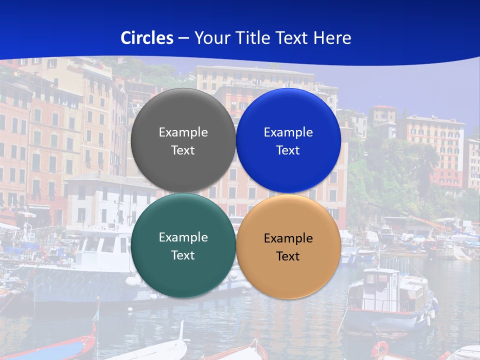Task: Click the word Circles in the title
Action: [x=146, y=38]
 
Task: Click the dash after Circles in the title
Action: [x=183, y=38]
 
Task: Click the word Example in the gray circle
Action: [x=183, y=132]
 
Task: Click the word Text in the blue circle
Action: [x=288, y=150]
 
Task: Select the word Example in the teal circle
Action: [x=183, y=237]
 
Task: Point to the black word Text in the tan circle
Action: [x=288, y=256]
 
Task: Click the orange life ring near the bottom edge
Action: [x=380, y=349]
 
